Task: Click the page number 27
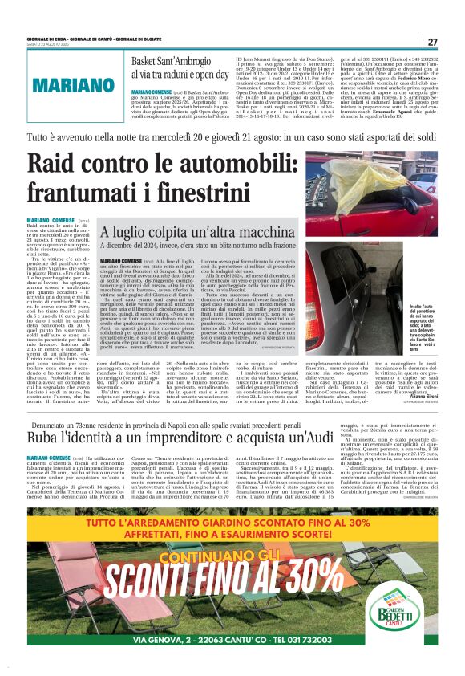point(431,42)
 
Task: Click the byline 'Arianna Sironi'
point(422,372)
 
